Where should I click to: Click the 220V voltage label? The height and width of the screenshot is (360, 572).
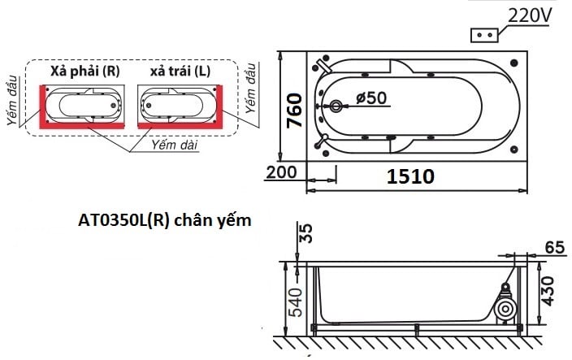(x=530, y=15)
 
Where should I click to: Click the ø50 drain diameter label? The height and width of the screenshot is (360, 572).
(x=371, y=98)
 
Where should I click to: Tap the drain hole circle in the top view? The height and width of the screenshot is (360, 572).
(x=338, y=106)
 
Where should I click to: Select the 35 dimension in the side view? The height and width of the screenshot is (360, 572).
(x=305, y=234)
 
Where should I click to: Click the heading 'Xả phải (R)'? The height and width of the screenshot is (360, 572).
(x=84, y=71)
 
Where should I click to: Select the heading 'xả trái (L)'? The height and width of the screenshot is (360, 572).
(x=180, y=71)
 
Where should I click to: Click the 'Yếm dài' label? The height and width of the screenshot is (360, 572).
(x=173, y=144)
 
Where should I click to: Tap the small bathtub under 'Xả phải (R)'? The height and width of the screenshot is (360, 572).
(x=84, y=105)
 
